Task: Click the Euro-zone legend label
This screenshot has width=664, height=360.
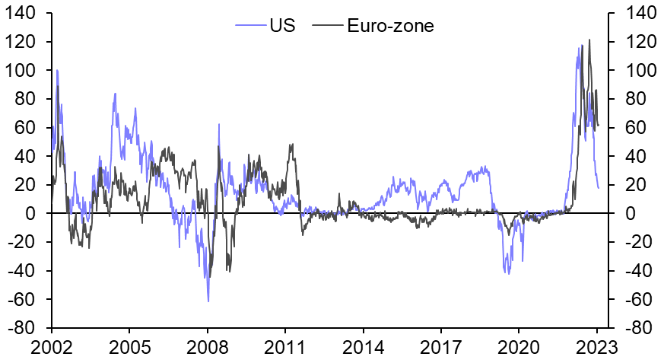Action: [390, 26]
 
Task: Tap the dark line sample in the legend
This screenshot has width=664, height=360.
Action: [326, 26]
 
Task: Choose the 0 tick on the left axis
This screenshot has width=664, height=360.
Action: [35, 214]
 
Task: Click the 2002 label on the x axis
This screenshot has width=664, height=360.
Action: [51, 347]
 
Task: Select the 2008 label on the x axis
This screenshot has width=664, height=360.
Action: [207, 347]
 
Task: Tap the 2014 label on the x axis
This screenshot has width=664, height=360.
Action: [363, 347]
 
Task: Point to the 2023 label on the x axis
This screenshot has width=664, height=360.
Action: [597, 347]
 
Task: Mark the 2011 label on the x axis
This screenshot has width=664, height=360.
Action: [284, 347]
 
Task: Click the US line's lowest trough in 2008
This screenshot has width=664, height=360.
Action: [208, 301]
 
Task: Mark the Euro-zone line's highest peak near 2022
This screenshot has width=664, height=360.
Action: [589, 40]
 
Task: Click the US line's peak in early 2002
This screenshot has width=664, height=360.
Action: [57, 70]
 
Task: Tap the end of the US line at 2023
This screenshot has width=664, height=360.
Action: [598, 187]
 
